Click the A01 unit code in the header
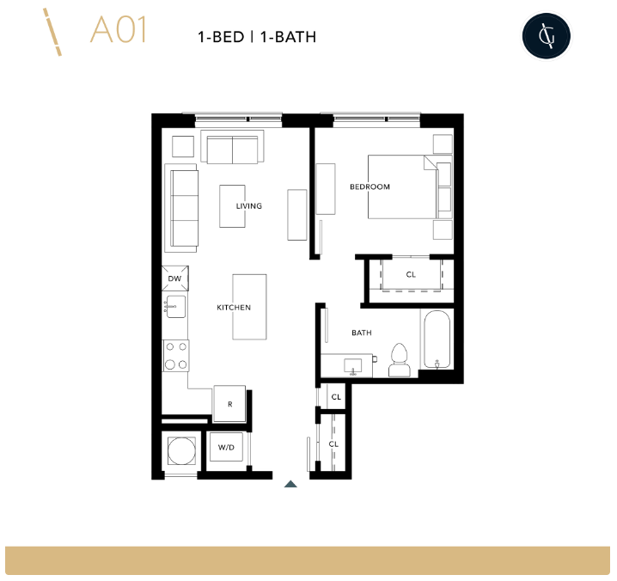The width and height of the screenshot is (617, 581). click(119, 30)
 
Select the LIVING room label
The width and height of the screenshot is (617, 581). click(249, 206)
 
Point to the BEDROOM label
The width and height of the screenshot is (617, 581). click(370, 187)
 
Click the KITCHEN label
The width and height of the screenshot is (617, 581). click(234, 308)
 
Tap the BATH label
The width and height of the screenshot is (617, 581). click(362, 333)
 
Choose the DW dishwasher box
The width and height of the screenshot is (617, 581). click(174, 278)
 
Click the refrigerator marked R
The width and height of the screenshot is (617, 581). click(229, 404)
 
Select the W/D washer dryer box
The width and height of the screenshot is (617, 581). click(227, 448)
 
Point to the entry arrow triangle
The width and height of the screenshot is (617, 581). click(290, 484)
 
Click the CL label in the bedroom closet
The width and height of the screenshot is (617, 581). click(411, 275)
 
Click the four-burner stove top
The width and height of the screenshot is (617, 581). click(176, 355)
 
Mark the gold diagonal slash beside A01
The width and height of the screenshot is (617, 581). click(52, 33)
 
